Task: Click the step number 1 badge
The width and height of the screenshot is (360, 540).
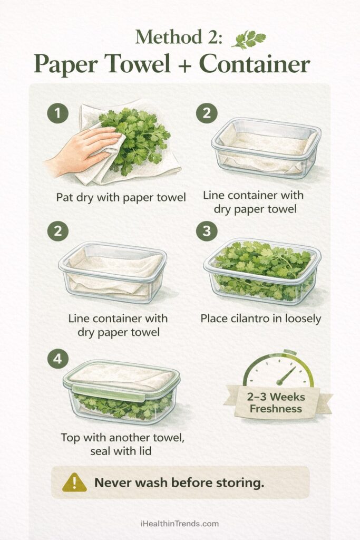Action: pyautogui.click(x=57, y=114)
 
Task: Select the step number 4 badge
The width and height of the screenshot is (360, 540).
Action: pyautogui.click(x=57, y=359)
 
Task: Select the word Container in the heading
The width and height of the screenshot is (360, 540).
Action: pyautogui.click(x=255, y=64)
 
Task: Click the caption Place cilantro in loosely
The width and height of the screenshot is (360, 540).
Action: pyautogui.click(x=261, y=319)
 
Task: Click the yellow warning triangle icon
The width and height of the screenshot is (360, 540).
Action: pyautogui.click(x=74, y=483)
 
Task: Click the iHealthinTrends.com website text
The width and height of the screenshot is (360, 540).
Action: pyautogui.click(x=179, y=524)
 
